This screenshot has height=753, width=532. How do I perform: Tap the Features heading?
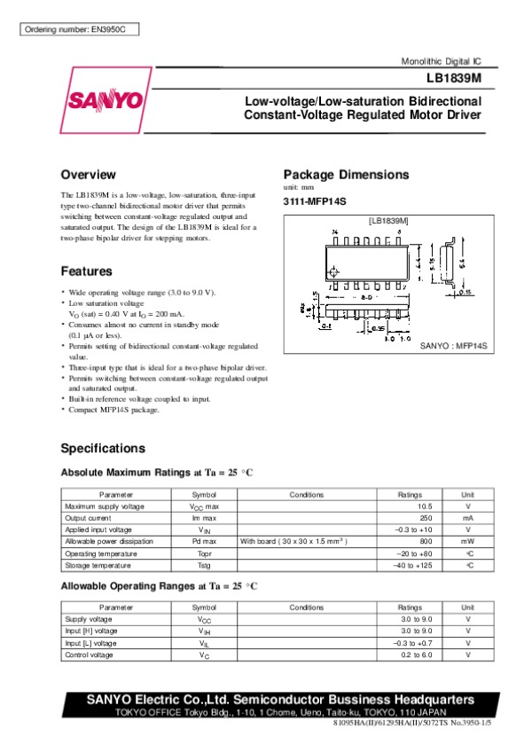[86, 271]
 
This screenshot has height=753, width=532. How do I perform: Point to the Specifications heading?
[102, 448]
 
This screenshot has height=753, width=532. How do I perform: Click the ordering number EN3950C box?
[79, 29]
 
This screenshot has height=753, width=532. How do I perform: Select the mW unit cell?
[467, 541]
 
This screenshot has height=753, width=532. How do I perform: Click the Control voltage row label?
[89, 655]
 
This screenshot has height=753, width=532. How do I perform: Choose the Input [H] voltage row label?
[90, 631]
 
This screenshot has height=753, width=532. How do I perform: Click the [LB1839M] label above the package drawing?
[387, 218]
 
